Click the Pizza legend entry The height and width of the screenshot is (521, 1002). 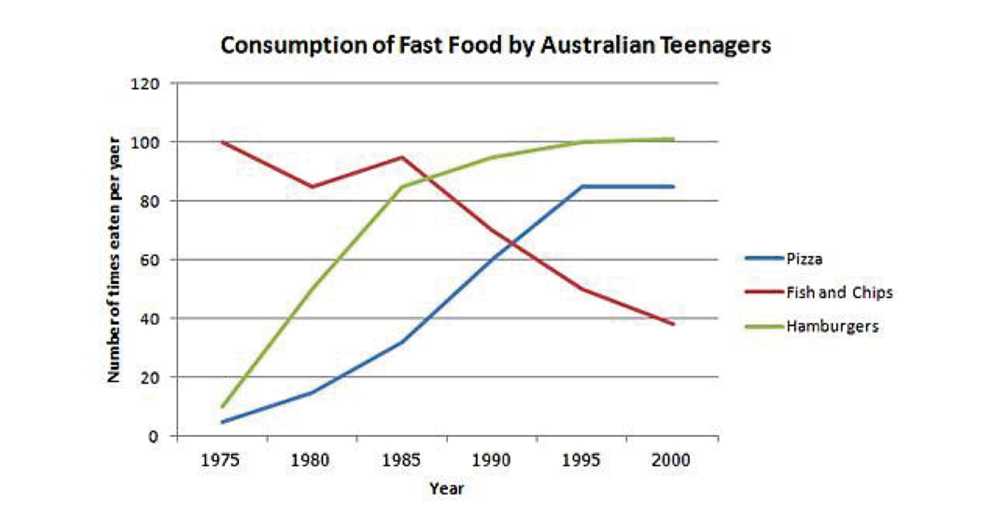point(804,259)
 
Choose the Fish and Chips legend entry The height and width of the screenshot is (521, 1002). point(839,293)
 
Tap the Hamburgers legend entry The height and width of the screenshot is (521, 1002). point(832,327)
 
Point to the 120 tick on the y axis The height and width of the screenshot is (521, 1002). point(145,84)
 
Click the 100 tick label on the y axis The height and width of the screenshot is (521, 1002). point(145,142)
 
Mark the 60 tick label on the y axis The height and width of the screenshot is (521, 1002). point(149,259)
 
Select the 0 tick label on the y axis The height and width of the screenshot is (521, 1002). point(153,436)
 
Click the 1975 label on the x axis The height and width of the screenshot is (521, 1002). point(220,460)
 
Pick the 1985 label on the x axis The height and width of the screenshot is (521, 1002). point(401,460)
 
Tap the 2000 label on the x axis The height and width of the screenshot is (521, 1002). point(671,460)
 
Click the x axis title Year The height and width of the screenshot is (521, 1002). point(446,489)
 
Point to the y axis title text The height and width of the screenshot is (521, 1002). point(113,260)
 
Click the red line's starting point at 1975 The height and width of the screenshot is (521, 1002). point(222,142)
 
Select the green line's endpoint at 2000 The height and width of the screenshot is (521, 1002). point(673,139)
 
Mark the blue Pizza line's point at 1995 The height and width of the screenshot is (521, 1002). point(582,187)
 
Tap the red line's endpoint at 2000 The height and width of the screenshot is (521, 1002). point(673,324)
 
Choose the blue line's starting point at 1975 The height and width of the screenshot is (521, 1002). point(222,422)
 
